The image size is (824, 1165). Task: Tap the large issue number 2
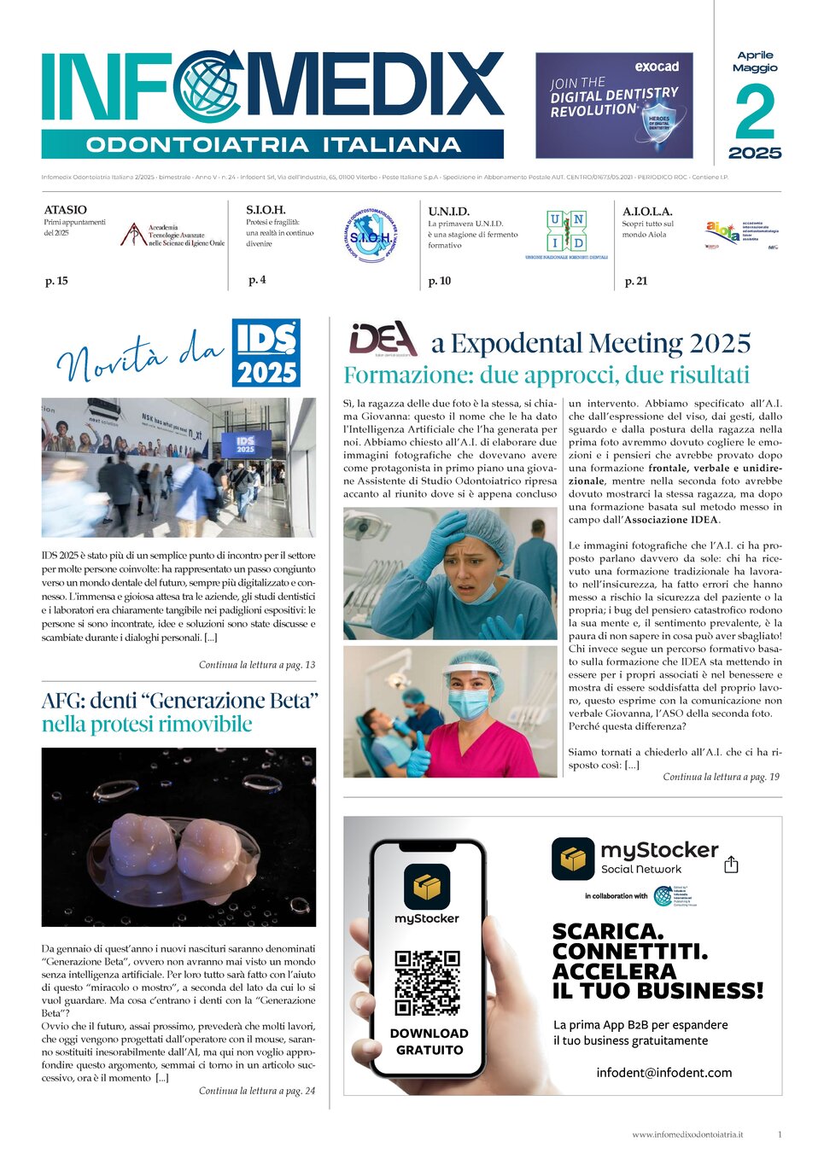(755, 113)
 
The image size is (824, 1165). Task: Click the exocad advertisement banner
(614, 105)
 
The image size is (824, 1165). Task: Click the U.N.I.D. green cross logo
(567, 231)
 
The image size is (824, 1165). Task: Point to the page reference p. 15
(56, 281)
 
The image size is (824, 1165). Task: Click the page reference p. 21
(636, 281)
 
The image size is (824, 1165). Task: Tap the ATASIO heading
(66, 209)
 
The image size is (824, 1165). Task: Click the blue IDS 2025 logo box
(266, 352)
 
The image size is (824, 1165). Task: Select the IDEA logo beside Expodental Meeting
(383, 339)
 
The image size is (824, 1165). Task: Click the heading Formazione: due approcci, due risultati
(546, 375)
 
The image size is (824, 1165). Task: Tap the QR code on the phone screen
(427, 982)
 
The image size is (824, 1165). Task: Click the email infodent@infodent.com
(663, 1073)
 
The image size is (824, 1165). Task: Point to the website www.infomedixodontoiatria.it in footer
(687, 1134)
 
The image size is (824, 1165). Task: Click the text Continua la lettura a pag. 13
(257, 665)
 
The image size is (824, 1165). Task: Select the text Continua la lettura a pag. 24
(257, 1091)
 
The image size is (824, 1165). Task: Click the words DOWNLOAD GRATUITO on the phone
(429, 1041)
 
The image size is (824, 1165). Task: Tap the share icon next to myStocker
(731, 865)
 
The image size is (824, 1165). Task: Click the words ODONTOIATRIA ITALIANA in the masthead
(273, 144)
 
